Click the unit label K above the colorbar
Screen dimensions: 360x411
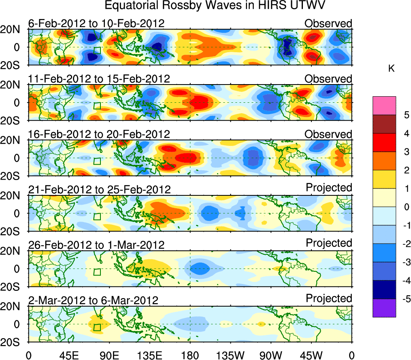391,69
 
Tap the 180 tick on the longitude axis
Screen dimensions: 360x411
190,356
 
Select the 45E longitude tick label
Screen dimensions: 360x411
68,356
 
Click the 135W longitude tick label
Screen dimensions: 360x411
230,356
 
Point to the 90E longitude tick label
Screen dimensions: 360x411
109,356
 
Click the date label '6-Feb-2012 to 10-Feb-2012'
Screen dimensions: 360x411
96,23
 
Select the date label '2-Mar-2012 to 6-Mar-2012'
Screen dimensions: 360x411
93,300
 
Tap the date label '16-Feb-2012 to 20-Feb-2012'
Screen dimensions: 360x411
99,134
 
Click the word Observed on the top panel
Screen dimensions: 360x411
328,23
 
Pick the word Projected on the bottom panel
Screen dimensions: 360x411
329,299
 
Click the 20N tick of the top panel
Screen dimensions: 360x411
13,30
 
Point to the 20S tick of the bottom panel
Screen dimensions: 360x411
13,342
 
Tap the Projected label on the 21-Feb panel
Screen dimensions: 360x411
329,188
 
